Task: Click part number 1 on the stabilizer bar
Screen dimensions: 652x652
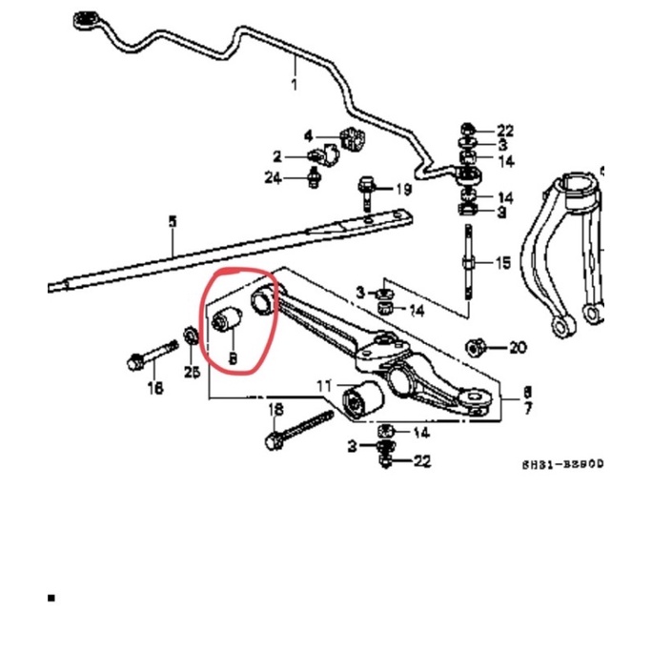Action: tap(295, 85)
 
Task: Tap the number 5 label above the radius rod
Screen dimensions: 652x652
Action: tap(173, 222)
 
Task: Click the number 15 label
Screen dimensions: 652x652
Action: tap(504, 262)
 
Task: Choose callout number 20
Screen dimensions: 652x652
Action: tap(517, 348)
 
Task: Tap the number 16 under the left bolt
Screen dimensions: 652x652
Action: tap(155, 388)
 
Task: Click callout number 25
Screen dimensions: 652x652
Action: tap(193, 371)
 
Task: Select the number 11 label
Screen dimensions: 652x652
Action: tap(324, 386)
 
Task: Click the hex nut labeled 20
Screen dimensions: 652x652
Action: tap(474, 346)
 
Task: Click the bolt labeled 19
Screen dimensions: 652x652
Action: tap(365, 195)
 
